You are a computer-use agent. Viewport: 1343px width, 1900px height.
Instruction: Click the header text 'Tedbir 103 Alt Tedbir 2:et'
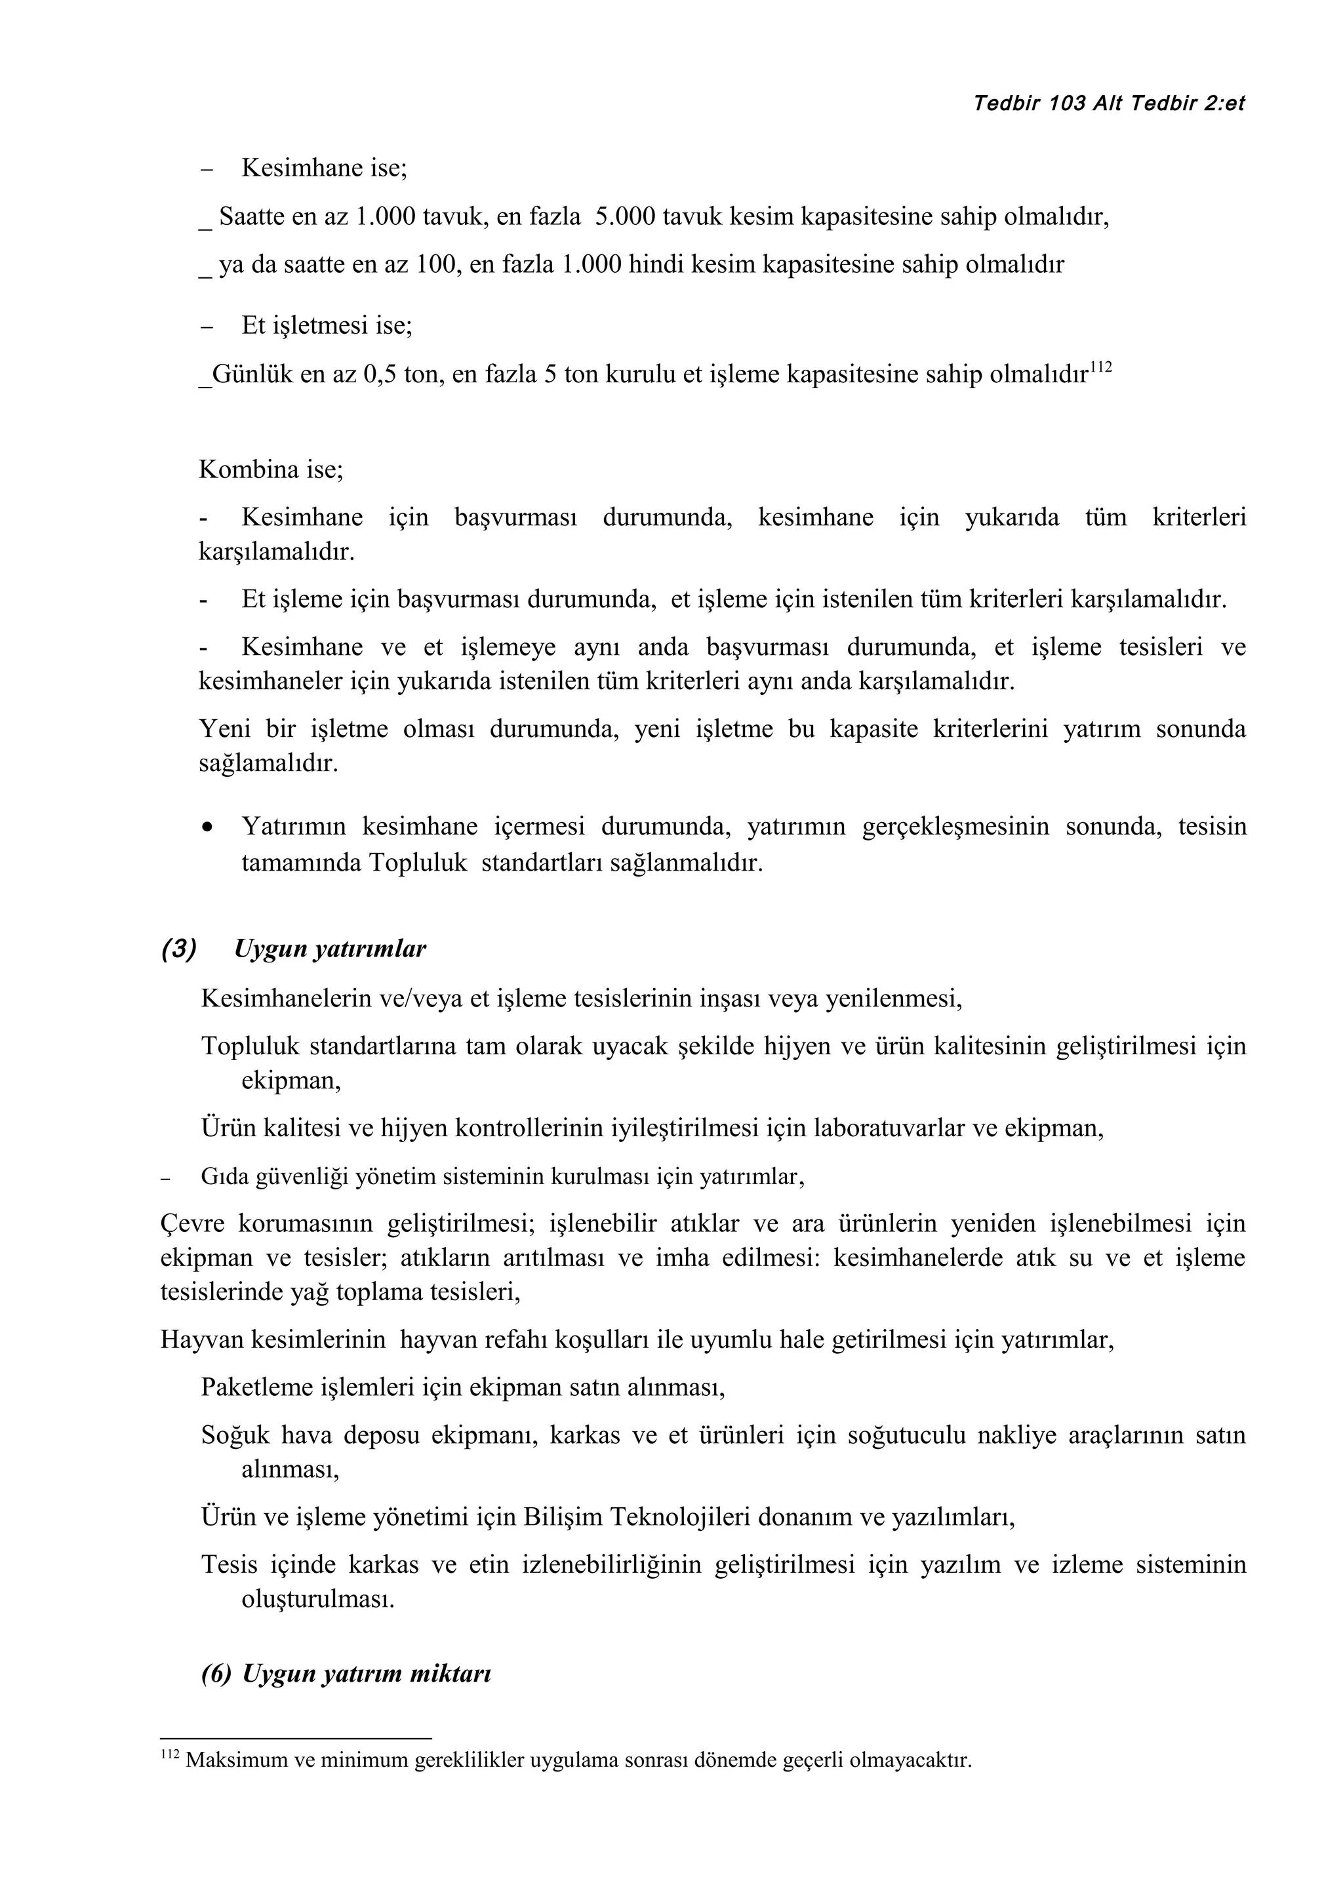pos(1109,104)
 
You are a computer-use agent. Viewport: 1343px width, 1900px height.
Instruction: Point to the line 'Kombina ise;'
pos(271,470)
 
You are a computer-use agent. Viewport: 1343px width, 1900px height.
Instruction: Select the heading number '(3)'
pos(179,949)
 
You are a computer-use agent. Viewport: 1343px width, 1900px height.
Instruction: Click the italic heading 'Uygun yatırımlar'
pos(330,949)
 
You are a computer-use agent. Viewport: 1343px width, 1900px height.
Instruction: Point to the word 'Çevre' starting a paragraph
pos(190,1224)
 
